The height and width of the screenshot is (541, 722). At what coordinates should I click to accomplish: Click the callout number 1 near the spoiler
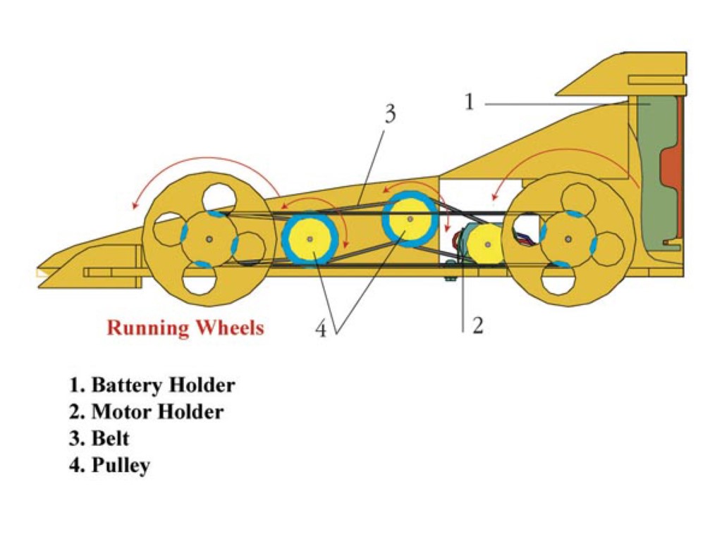click(470, 103)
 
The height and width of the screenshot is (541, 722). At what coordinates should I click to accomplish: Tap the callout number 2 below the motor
click(478, 325)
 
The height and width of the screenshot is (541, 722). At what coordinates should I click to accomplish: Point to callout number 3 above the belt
click(390, 114)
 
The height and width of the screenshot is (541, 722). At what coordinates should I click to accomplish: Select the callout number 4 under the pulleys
click(321, 329)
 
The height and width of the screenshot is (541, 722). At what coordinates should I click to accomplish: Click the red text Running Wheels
click(185, 328)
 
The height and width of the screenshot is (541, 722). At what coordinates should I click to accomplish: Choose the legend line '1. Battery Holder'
click(152, 385)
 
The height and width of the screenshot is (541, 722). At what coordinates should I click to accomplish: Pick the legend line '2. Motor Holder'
click(146, 411)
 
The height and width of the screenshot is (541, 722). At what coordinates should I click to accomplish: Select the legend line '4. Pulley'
click(109, 465)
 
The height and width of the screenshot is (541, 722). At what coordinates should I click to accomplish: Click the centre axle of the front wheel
click(209, 240)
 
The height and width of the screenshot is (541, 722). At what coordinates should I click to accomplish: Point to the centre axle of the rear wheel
click(568, 240)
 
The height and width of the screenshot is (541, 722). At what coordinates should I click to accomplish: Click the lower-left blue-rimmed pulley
click(309, 239)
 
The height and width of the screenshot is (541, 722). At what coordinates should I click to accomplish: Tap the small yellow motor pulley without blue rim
click(486, 244)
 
